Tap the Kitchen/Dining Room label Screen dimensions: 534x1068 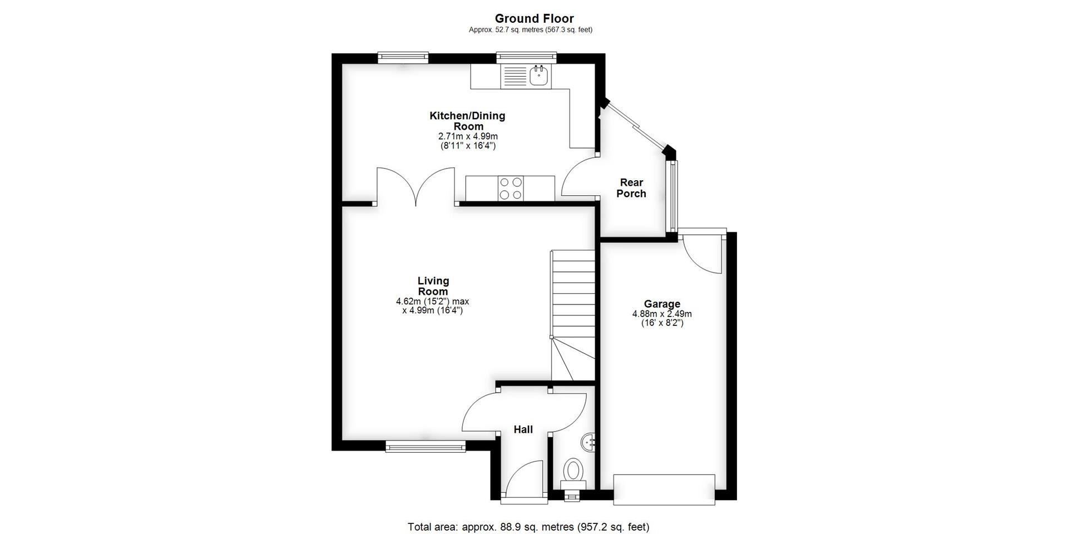[467, 121]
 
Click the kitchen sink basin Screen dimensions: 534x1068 [539, 76]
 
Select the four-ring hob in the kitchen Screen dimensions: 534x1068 [511, 188]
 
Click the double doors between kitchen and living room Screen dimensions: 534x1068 [415, 187]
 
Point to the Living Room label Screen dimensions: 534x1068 [433, 286]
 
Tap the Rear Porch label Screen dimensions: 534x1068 [631, 188]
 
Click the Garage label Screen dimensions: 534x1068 [662, 304]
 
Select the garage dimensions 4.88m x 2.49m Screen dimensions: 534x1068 [662, 314]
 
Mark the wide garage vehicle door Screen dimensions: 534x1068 [664, 489]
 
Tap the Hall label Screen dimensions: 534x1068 [523, 429]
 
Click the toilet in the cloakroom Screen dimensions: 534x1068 [572, 473]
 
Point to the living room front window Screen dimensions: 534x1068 [426, 446]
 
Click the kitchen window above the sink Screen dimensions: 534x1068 [526, 56]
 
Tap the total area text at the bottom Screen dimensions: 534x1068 [528, 526]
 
